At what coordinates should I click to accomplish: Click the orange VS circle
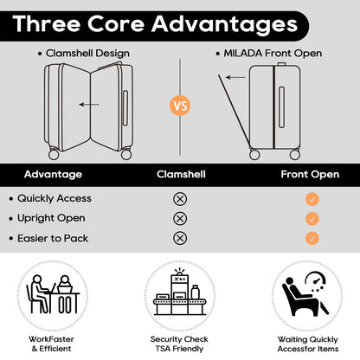coord(180,106)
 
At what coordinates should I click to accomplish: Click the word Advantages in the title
coord(224,24)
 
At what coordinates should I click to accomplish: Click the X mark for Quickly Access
coord(180,199)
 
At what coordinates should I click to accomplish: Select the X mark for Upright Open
coord(180,218)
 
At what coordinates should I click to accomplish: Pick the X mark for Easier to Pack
coord(180,238)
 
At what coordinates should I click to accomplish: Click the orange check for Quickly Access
coord(312,199)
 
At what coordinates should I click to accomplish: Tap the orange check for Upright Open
coord(312,218)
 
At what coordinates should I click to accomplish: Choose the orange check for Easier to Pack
coord(312,238)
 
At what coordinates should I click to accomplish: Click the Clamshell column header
coord(181,174)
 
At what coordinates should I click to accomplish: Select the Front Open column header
coord(310,174)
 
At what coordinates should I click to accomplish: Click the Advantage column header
coord(53,174)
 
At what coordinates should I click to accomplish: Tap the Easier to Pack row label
coord(53,238)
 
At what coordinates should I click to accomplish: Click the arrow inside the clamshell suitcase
coord(89,105)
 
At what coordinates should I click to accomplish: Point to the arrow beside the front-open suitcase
coord(235,77)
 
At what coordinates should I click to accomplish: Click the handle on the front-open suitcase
coord(282,107)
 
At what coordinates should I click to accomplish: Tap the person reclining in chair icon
coord(305,293)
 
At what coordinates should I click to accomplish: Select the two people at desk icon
coord(53,294)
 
